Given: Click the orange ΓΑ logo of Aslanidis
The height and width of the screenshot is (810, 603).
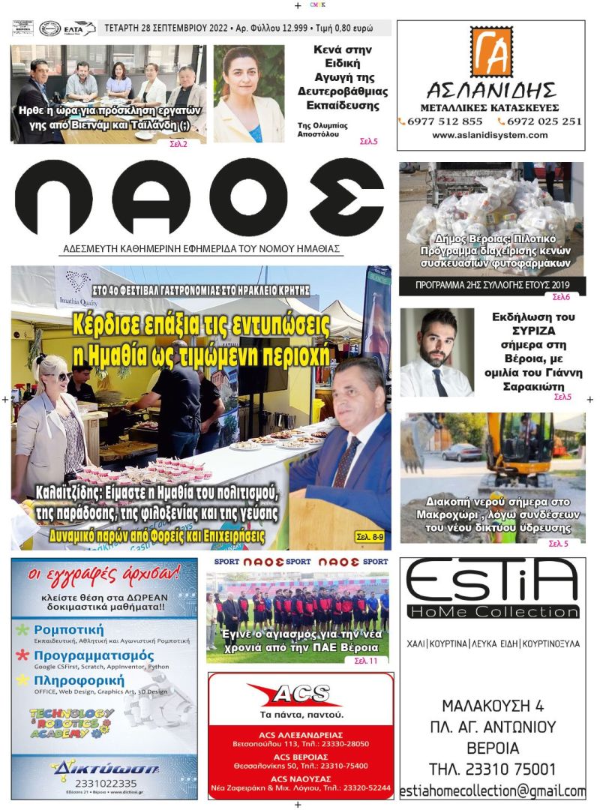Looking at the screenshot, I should (x=491, y=52).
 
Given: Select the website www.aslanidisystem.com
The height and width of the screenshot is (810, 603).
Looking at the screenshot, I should (x=490, y=136).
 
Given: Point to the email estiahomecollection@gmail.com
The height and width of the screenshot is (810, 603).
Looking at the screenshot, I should (x=493, y=791).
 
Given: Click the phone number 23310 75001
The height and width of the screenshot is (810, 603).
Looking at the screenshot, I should (x=493, y=769).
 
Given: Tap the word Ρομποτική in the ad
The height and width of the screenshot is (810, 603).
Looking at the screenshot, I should (x=68, y=630).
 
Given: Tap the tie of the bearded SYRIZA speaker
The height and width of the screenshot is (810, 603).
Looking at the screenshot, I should (x=440, y=381).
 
